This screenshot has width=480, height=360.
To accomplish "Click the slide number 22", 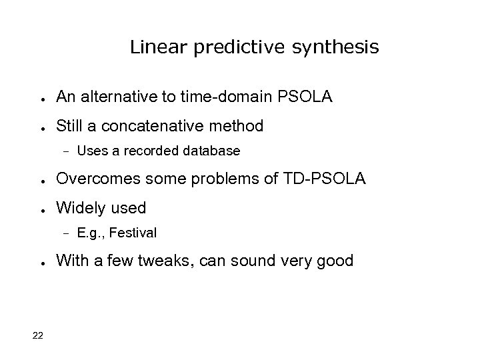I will click(37, 335).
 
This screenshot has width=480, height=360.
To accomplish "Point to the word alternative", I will click(122, 98).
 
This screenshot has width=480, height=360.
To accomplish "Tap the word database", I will click(211, 151).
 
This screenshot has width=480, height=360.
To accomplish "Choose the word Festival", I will click(135, 233).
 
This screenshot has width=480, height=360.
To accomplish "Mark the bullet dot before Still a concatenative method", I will click(41, 127).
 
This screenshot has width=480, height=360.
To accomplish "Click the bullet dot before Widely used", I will click(41, 209).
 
